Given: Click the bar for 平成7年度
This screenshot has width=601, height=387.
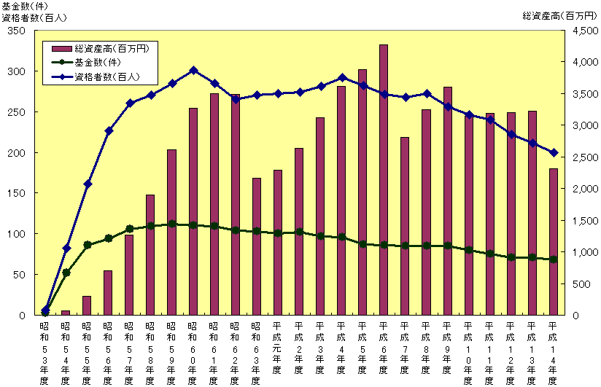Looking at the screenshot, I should (x=405, y=226).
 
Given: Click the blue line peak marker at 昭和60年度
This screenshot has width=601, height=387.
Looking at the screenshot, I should (x=193, y=71).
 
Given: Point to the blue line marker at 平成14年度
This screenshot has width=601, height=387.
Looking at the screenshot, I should (x=553, y=152).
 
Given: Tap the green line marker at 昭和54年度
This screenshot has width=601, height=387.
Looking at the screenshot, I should (x=66, y=273).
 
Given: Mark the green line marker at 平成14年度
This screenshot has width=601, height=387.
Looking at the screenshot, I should (x=553, y=259).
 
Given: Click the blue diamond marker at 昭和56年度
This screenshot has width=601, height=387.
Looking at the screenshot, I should (x=108, y=130).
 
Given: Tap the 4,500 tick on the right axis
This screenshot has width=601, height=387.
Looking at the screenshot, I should (x=578, y=31).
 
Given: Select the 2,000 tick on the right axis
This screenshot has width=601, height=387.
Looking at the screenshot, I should (x=578, y=189).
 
